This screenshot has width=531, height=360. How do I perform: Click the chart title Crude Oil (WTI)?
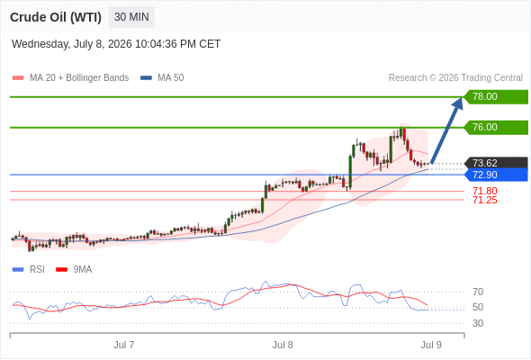click(56, 17)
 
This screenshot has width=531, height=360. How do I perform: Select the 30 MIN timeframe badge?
click(131, 17)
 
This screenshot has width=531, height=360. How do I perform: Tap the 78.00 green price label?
click(496, 97)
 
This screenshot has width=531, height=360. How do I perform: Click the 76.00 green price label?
click(496, 127)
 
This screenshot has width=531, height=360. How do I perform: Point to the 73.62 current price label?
click(496, 163)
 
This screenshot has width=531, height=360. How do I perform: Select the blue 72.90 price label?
click(496, 175)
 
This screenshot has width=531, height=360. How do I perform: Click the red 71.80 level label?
click(485, 191)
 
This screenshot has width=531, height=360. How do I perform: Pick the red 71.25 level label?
click(485, 200)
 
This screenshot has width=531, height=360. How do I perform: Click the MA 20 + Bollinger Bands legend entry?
click(70, 78)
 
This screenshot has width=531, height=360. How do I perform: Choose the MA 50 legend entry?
click(162, 78)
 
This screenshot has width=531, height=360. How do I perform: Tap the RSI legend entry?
click(29, 270)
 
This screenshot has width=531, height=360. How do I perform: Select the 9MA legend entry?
click(74, 270)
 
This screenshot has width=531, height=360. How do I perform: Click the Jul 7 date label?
click(124, 345)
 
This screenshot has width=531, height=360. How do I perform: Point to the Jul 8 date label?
click(283, 345)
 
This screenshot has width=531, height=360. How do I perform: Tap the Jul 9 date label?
click(431, 345)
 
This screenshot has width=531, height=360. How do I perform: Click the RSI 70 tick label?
click(478, 292)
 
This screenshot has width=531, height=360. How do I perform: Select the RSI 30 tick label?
click(478, 323)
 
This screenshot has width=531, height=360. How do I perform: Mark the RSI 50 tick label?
click(478, 308)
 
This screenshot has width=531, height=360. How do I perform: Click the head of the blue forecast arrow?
click(462, 97)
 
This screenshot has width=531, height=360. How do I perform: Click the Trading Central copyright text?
click(455, 78)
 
